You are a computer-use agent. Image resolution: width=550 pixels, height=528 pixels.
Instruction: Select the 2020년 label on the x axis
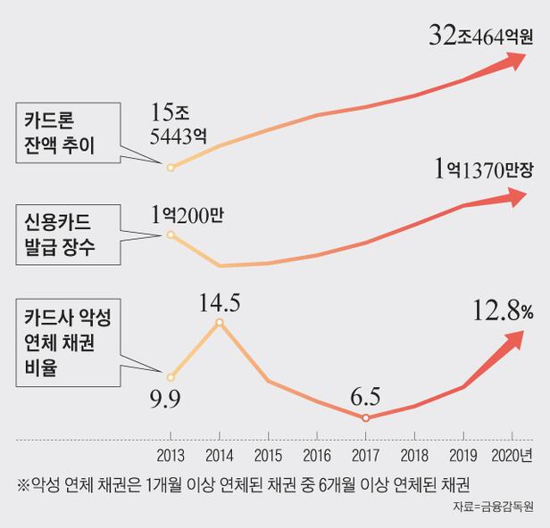click(x=513, y=456)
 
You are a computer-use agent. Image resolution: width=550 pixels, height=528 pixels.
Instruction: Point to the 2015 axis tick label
click(x=268, y=456)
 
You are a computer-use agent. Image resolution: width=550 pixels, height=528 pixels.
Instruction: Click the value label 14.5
click(x=220, y=302)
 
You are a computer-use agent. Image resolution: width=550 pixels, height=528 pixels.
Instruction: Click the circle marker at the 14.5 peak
click(x=220, y=323)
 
